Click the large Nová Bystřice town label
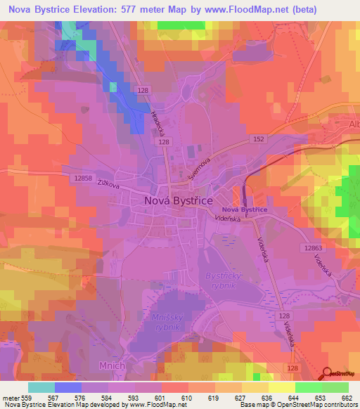point(178,200)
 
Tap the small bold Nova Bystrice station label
point(244,210)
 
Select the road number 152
point(259,141)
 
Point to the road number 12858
point(82,178)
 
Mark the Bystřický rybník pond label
point(224,281)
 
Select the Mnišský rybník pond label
point(169,323)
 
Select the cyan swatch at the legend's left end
point(41,387)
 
